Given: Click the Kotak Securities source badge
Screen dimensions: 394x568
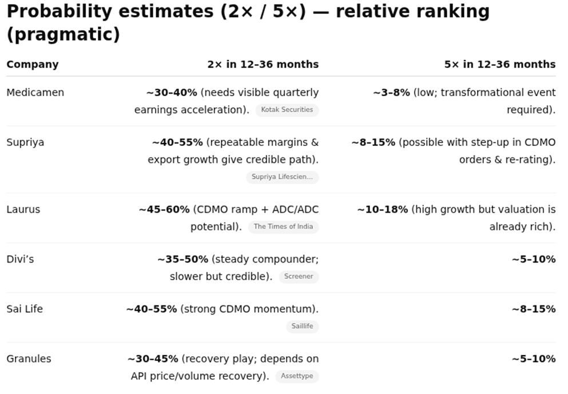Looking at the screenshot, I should pyautogui.click(x=287, y=110).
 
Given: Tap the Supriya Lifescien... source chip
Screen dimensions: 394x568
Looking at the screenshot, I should pyautogui.click(x=283, y=177).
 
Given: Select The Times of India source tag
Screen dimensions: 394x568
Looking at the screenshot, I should pyautogui.click(x=283, y=226).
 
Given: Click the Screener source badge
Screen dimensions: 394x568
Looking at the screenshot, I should pyautogui.click(x=299, y=277).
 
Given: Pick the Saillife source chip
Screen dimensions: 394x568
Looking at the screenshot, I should pyautogui.click(x=302, y=327).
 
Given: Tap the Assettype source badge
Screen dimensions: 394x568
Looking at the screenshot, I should pyautogui.click(x=297, y=376).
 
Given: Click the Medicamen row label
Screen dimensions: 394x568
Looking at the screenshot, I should pyautogui.click(x=35, y=93).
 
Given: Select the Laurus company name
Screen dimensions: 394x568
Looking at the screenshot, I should pyautogui.click(x=23, y=209).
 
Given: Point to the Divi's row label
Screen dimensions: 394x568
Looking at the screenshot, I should pyautogui.click(x=20, y=259).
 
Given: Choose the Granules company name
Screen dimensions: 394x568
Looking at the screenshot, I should pyautogui.click(x=29, y=359).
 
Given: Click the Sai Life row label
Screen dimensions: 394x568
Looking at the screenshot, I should pyautogui.click(x=25, y=309).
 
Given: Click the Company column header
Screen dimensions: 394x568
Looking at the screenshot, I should pyautogui.click(x=33, y=64).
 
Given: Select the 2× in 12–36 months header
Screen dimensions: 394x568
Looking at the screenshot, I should pyautogui.click(x=263, y=64).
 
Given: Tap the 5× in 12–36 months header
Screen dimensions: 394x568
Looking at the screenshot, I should pyautogui.click(x=499, y=64).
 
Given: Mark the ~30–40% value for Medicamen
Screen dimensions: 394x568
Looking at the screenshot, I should pyautogui.click(x=172, y=93).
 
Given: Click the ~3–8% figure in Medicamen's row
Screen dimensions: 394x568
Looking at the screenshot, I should pyautogui.click(x=391, y=93).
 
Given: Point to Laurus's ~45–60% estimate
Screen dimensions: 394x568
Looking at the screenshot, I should pyautogui.click(x=164, y=209).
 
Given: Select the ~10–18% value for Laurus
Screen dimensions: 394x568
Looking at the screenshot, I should pyautogui.click(x=383, y=209).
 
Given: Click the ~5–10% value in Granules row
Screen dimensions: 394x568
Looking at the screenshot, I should pyautogui.click(x=533, y=359).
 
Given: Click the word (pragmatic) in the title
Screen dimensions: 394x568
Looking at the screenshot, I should pyautogui.click(x=63, y=34).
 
